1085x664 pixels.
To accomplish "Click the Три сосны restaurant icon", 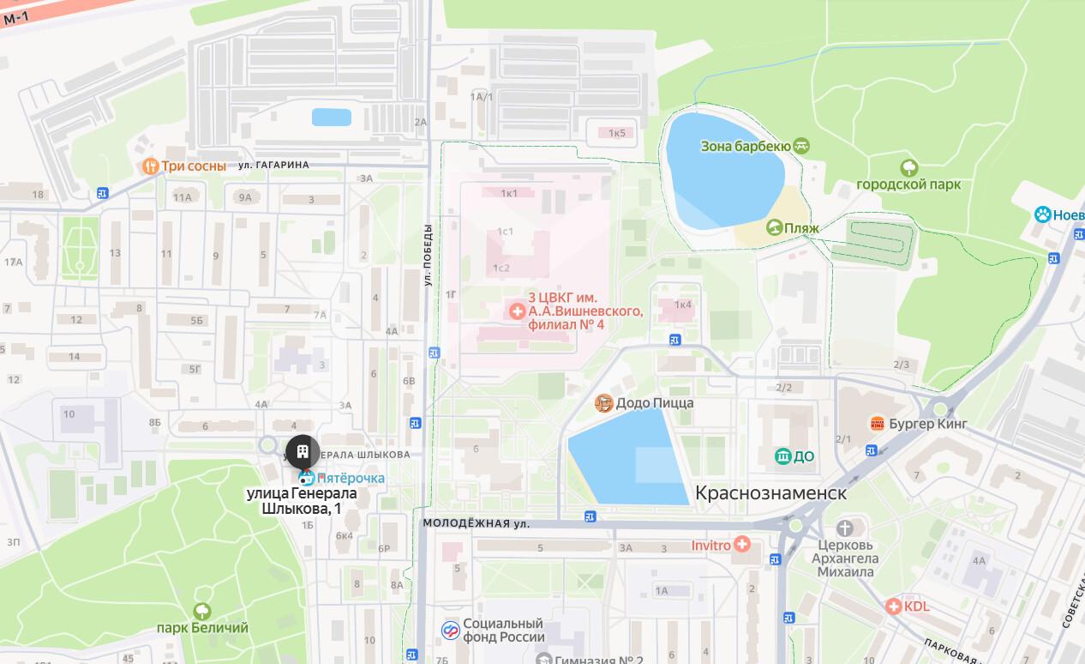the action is pyautogui.click(x=150, y=166).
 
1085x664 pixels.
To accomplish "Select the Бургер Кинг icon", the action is pyautogui.click(x=877, y=424).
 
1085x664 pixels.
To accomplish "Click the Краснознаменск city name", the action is pyautogui.click(x=770, y=493).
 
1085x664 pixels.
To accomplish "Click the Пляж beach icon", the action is pyautogui.click(x=774, y=227).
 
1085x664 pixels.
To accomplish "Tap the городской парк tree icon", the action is pyautogui.click(x=908, y=166).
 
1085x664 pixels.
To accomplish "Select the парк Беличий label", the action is pyautogui.click(x=202, y=628).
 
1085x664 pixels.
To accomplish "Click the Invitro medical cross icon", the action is pyautogui.click(x=741, y=545).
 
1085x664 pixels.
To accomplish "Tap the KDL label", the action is pyautogui.click(x=916, y=607).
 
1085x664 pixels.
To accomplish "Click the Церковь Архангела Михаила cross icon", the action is pyautogui.click(x=845, y=528).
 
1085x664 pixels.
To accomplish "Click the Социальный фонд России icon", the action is pyautogui.click(x=450, y=631).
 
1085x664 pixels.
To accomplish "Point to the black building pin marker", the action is pyautogui.click(x=303, y=450).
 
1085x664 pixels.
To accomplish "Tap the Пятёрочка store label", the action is pyautogui.click(x=351, y=478).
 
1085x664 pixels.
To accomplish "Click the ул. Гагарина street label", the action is pyautogui.click(x=273, y=165).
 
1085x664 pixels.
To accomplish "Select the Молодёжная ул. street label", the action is pyautogui.click(x=476, y=522).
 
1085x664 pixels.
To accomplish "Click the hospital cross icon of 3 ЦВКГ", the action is pyautogui.click(x=517, y=311).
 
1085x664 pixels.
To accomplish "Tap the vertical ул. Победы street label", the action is pyautogui.click(x=428, y=255).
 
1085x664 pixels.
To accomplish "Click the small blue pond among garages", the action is pyautogui.click(x=331, y=117).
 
